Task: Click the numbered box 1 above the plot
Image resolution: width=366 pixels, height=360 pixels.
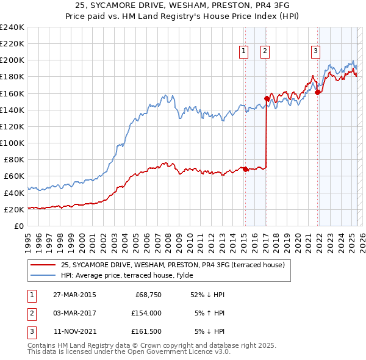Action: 243,51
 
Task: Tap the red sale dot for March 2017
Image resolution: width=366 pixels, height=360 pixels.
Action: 267,98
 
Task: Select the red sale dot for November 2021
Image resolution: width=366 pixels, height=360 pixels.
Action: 317,92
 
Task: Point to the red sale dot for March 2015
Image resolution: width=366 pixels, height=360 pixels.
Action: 245,169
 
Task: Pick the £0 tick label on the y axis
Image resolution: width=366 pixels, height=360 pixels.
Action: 18,226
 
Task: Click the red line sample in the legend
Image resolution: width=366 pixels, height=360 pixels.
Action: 43,265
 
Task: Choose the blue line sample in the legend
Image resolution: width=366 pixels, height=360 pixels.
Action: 43,275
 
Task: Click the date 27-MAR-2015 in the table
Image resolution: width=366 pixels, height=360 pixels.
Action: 74,295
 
